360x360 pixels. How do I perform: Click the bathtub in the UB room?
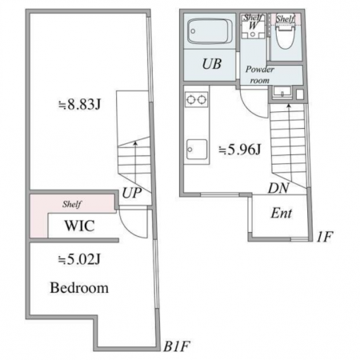(210, 31)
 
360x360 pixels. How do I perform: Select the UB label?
(212, 64)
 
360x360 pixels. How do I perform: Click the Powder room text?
(259, 74)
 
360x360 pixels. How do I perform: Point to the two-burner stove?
(196, 100)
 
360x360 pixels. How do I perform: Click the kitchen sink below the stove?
(197, 150)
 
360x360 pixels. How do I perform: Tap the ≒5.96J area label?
(239, 150)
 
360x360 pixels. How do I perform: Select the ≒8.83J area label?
(79, 105)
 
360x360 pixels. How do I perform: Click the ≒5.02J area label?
(79, 259)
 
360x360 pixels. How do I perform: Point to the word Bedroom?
(79, 288)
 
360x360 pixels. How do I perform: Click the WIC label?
(79, 226)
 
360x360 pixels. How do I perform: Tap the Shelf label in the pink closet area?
(72, 204)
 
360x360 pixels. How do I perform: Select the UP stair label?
(131, 193)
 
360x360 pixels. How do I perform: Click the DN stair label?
(278, 188)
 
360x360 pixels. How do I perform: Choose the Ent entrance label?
(282, 214)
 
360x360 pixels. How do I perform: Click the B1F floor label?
(177, 346)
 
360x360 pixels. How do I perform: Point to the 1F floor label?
(324, 237)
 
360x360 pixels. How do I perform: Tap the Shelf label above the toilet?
(285, 19)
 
